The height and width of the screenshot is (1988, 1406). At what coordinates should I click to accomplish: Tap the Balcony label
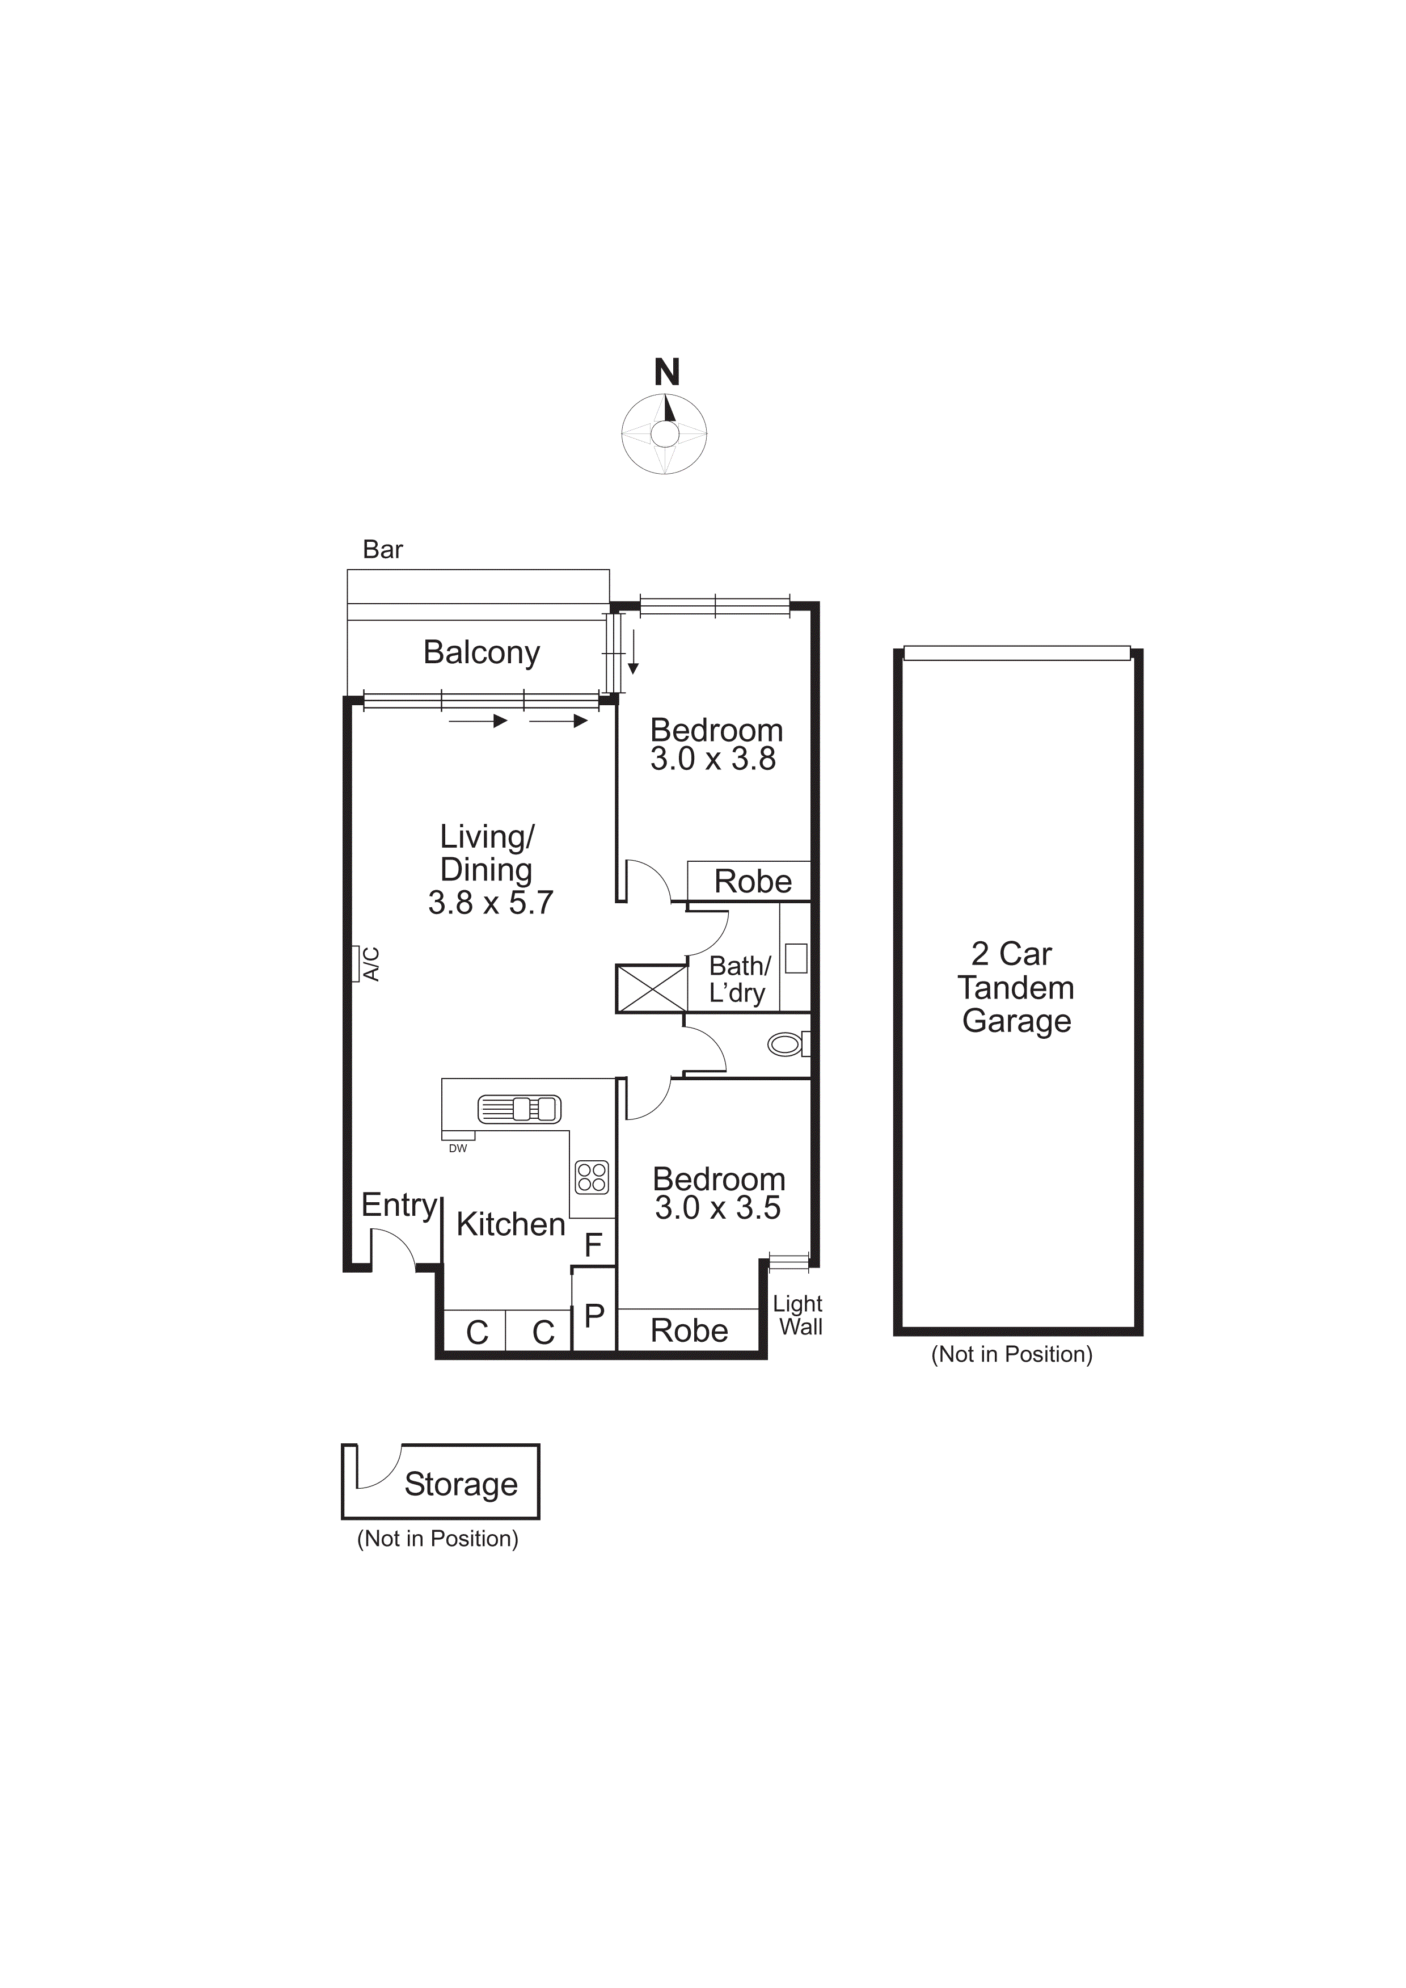(482, 652)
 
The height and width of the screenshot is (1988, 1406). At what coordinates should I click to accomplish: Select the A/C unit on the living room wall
(356, 964)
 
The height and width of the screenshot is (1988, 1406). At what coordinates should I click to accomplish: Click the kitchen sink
(520, 1108)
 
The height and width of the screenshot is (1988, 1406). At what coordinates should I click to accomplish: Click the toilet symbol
(786, 1044)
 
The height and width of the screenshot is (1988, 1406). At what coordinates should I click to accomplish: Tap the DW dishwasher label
(458, 1148)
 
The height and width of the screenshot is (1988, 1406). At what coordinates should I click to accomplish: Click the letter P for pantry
(594, 1315)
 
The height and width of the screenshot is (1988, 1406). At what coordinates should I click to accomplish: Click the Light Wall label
(798, 1315)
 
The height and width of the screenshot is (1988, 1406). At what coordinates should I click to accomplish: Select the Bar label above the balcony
(383, 550)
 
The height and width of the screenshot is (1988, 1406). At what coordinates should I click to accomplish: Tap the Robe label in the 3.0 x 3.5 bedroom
(689, 1330)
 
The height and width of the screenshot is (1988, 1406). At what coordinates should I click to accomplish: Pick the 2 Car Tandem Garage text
(1016, 987)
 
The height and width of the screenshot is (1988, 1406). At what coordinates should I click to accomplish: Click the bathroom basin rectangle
(796, 958)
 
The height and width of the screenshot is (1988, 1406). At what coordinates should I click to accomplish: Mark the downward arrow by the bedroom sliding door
(633, 653)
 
